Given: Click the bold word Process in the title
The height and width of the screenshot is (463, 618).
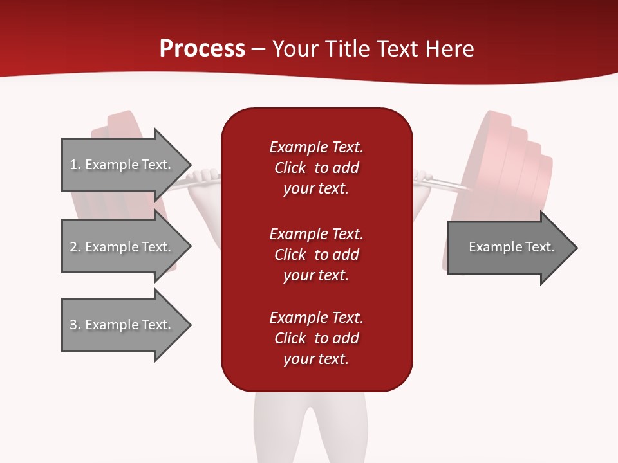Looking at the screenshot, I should (x=202, y=49).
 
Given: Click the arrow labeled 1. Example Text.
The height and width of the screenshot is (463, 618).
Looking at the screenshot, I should (x=122, y=165).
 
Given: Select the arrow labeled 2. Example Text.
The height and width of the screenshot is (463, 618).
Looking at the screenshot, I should (x=122, y=247).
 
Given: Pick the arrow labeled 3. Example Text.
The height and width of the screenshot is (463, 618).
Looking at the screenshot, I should (x=122, y=325).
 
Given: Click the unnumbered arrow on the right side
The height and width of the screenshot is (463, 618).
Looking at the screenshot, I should (x=509, y=248).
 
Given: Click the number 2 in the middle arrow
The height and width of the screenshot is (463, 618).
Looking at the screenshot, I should (x=73, y=247).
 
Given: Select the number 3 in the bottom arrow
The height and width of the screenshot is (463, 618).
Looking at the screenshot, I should (x=73, y=325).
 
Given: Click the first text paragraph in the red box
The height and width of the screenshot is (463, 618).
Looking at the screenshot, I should (x=316, y=168).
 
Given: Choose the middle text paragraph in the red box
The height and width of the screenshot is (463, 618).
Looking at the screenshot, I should (x=316, y=255).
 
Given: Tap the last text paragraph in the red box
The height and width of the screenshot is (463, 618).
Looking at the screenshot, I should (x=316, y=338).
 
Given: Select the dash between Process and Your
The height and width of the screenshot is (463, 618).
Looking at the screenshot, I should (x=259, y=49).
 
